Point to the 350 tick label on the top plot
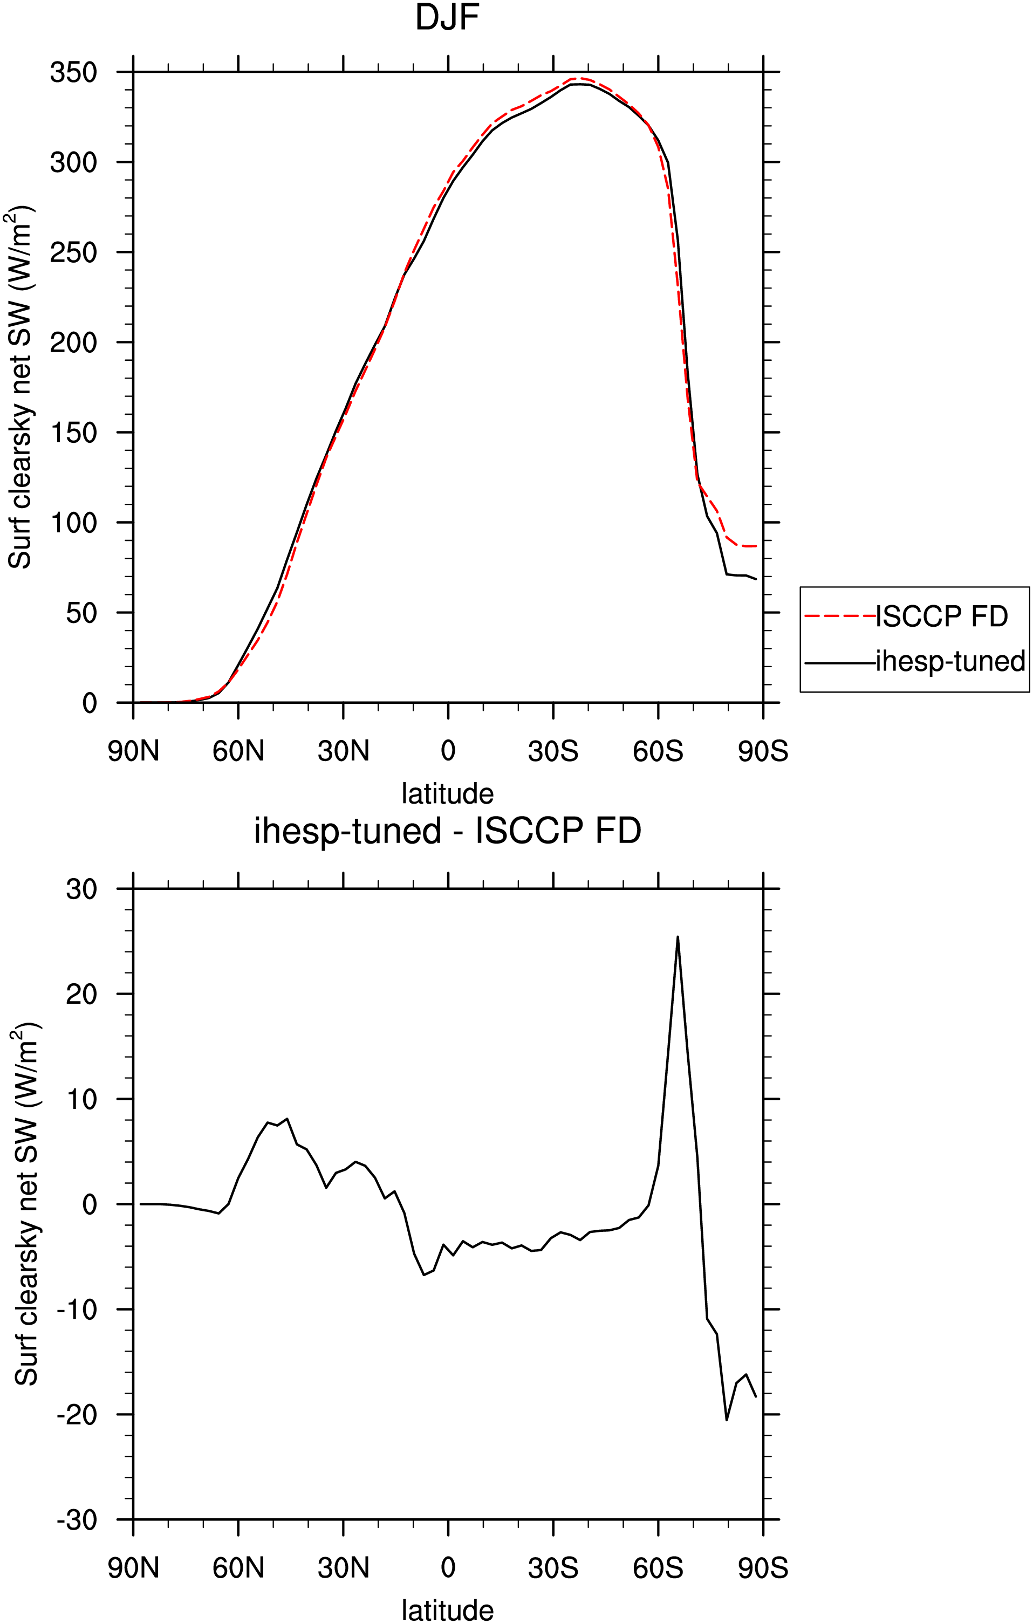point(73,72)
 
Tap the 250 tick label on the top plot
point(73,252)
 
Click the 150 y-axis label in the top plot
point(73,433)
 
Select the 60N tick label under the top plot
point(238,751)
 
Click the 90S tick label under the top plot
point(763,751)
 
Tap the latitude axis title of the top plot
point(447,793)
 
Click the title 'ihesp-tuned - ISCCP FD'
point(447,831)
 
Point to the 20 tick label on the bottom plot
point(81,994)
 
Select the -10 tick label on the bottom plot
point(77,1309)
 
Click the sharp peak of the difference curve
point(678,937)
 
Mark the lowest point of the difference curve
point(727,1420)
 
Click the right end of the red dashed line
point(756,546)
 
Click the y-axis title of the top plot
point(20,387)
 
